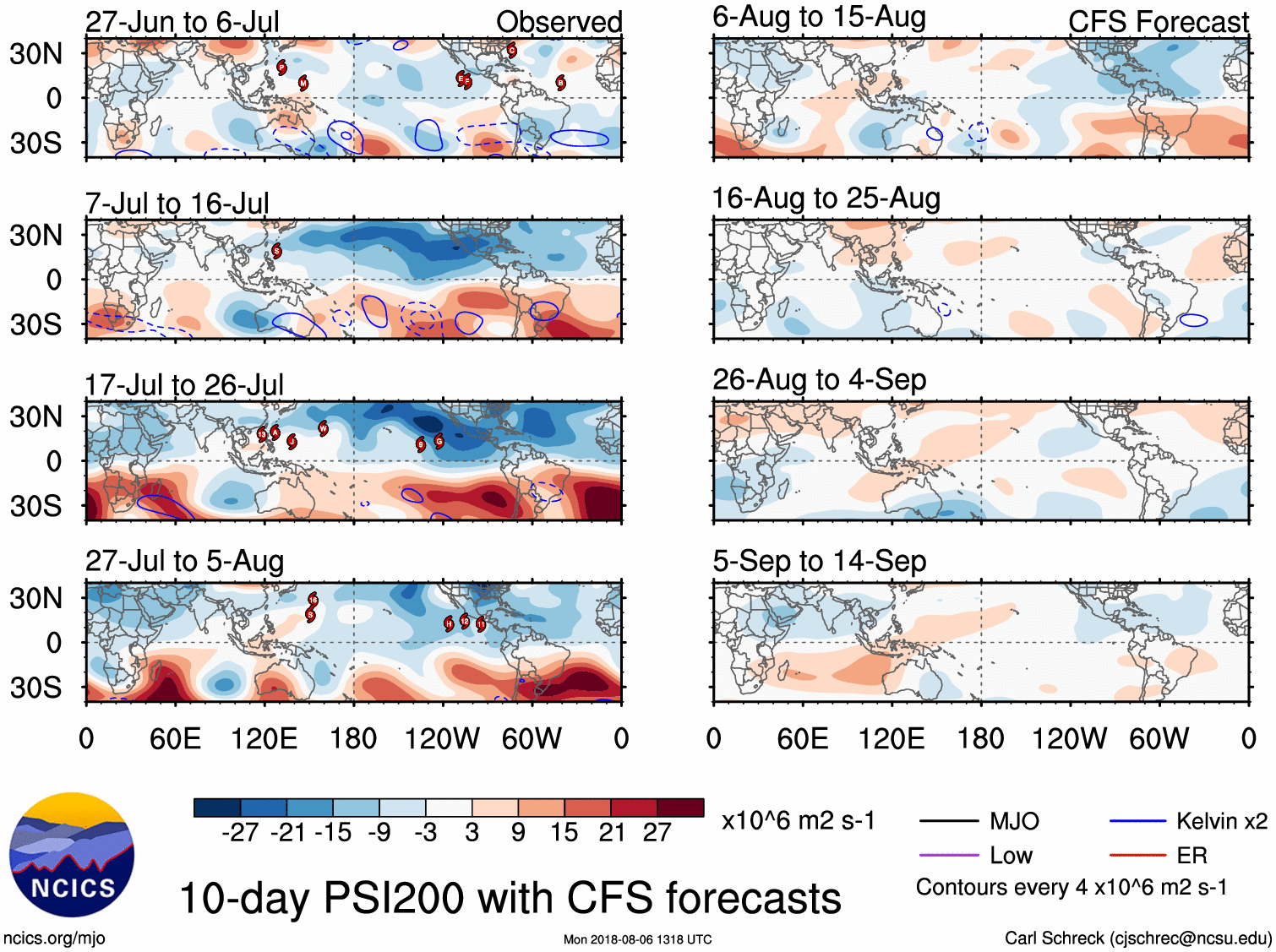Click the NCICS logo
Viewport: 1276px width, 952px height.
click(x=72, y=855)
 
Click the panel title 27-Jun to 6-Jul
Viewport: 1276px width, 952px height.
click(x=182, y=22)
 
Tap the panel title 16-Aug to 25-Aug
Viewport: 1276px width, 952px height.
click(x=826, y=199)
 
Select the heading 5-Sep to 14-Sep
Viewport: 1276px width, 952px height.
click(x=819, y=561)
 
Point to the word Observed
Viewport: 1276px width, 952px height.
click(x=559, y=22)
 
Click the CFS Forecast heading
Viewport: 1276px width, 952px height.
click(x=1158, y=22)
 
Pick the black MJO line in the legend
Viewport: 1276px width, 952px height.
click(x=949, y=820)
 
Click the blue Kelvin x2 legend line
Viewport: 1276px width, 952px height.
click(x=1137, y=820)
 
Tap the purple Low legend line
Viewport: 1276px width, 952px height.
click(x=949, y=856)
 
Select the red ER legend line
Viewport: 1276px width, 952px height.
click(x=1137, y=856)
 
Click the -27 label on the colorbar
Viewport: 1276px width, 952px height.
click(x=240, y=833)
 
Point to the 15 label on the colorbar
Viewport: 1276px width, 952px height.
click(x=564, y=833)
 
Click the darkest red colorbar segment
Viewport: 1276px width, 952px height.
click(x=680, y=808)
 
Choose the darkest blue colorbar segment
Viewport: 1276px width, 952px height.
click(x=217, y=808)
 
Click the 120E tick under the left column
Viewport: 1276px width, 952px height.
click(x=264, y=739)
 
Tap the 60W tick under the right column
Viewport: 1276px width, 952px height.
click(x=1159, y=739)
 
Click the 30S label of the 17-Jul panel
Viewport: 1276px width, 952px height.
click(x=35, y=506)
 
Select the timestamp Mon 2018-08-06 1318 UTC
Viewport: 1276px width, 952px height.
click(x=637, y=939)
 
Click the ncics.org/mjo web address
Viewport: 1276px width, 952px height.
click(x=54, y=938)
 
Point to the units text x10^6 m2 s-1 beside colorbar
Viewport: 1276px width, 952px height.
click(x=798, y=821)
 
